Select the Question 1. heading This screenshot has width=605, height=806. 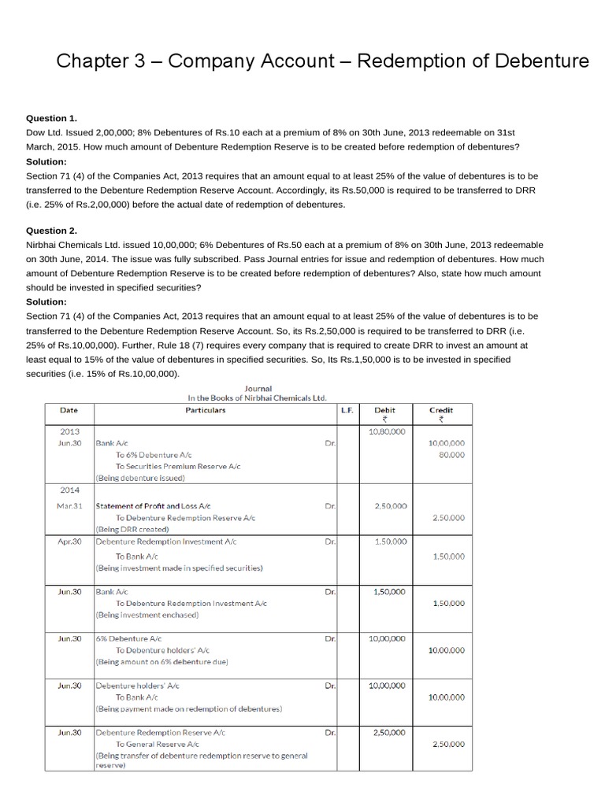[52, 118]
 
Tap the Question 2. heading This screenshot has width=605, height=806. [52, 231]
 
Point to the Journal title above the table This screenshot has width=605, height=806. [258, 388]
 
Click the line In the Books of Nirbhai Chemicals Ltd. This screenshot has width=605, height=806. [258, 398]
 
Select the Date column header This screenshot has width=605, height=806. [69, 410]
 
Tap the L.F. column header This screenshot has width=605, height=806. [347, 410]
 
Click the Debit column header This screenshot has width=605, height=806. [385, 410]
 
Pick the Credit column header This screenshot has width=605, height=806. [440, 410]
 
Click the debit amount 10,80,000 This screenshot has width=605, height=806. [387, 431]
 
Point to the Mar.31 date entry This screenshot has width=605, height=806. [69, 505]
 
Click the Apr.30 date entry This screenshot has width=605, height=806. [69, 542]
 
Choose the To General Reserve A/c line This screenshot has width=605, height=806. [158, 744]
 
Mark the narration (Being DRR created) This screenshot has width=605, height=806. [132, 529]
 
